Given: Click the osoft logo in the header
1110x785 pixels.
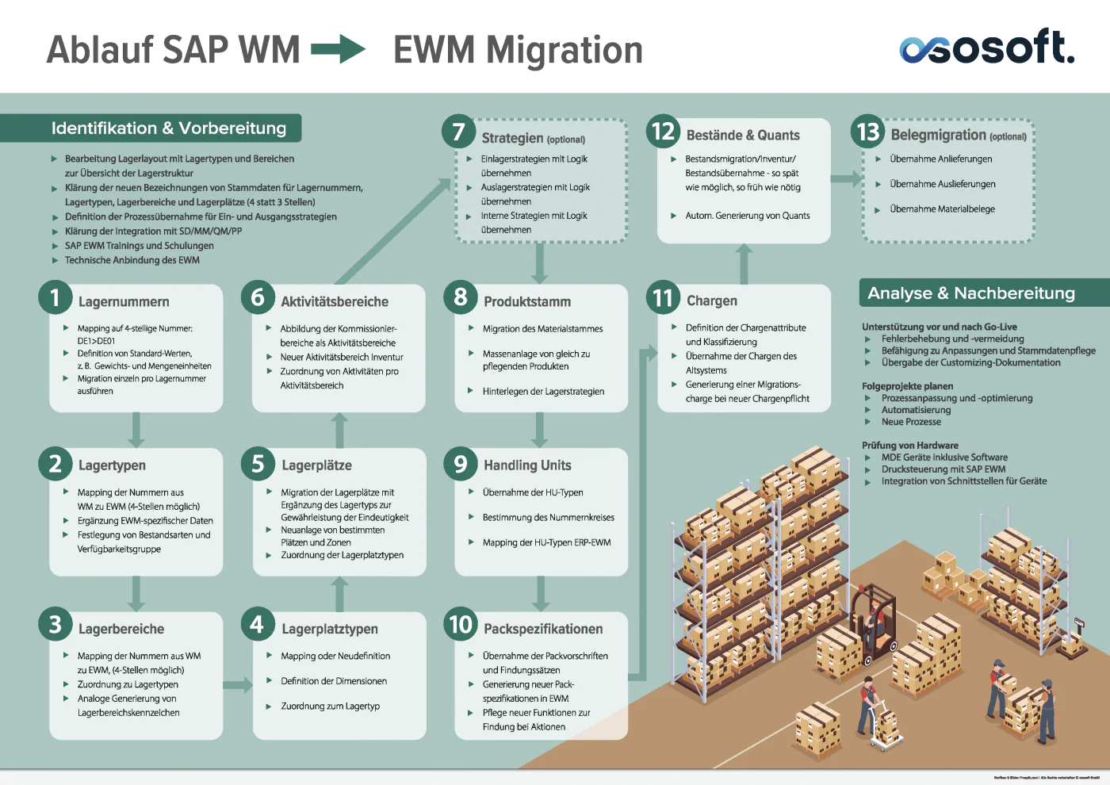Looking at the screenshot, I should (x=986, y=48).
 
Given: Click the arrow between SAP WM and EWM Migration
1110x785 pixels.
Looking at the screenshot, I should (x=338, y=49).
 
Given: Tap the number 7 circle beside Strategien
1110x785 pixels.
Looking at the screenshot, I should (x=458, y=131).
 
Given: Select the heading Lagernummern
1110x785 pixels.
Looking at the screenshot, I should (x=124, y=302).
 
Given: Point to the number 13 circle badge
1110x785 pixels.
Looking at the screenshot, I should (x=868, y=132).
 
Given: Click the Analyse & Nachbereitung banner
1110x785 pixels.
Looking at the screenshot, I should (x=971, y=293).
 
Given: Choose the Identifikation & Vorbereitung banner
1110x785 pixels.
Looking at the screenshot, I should (x=168, y=128).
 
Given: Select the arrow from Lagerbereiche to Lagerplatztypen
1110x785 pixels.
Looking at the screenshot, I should (x=237, y=684).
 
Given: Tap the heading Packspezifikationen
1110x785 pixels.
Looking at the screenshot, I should (x=543, y=629).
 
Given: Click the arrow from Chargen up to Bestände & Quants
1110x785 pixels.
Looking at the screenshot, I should (x=744, y=263).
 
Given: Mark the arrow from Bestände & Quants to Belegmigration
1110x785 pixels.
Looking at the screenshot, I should (x=845, y=178).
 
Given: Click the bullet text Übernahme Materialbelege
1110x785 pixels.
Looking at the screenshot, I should (x=942, y=209).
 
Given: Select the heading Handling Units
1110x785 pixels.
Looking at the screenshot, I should (x=527, y=465).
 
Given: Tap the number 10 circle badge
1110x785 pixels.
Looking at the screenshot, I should (x=461, y=625).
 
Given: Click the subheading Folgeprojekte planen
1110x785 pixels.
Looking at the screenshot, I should (x=907, y=386).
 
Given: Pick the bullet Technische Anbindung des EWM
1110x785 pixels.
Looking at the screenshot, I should (x=132, y=260).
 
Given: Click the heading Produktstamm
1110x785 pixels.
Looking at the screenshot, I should (x=527, y=302).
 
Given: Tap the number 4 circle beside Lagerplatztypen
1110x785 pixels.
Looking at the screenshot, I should (x=257, y=625).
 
